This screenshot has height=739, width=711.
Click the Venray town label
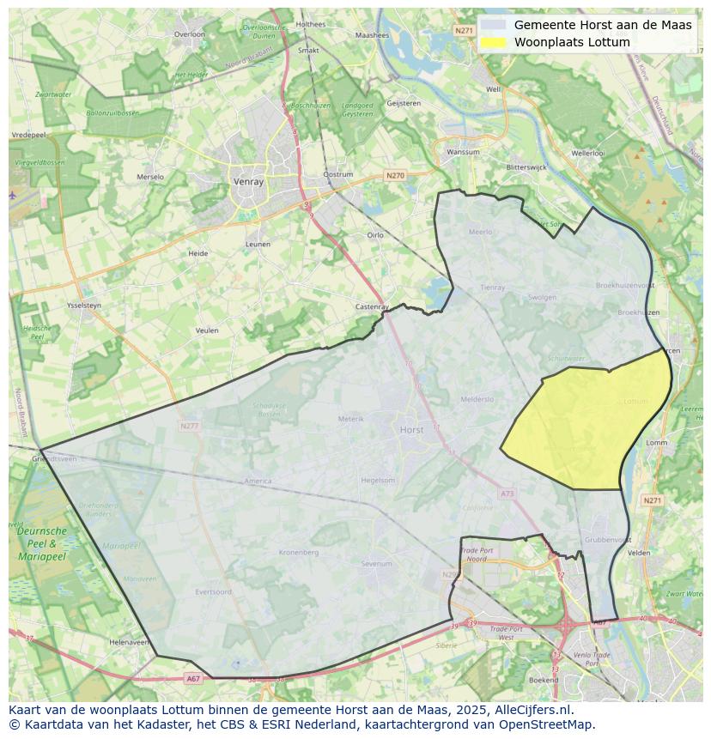(247, 182)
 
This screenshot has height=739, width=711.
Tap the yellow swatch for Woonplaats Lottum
(494, 42)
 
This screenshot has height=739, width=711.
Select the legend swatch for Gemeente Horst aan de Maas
(494, 25)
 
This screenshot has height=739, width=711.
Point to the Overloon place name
(189, 34)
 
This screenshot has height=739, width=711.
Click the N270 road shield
(394, 176)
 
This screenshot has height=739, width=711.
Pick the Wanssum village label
(464, 152)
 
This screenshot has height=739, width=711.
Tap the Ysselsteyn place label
(84, 305)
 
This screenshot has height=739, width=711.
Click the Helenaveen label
(130, 642)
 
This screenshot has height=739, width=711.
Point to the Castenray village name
(373, 306)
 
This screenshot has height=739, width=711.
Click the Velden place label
(639, 553)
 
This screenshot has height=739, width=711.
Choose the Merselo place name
(150, 177)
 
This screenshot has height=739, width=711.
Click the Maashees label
(372, 35)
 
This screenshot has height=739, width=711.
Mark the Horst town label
(412, 428)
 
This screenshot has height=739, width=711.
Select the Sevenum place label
(376, 564)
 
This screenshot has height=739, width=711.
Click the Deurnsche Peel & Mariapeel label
(41, 543)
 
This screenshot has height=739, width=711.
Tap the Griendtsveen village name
(53, 459)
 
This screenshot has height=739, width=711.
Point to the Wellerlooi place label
(588, 153)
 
